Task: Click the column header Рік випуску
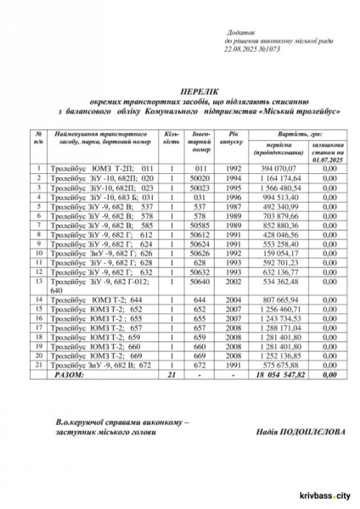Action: point(232,138)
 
